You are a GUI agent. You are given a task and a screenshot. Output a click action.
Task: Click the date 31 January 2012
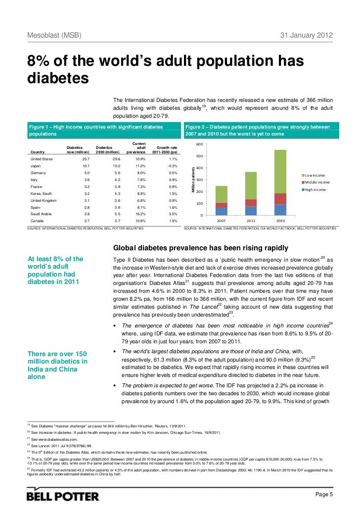(x=307, y=36)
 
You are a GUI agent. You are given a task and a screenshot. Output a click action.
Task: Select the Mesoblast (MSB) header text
(x=54, y=36)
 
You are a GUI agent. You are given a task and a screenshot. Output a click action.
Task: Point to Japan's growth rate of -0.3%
(x=172, y=166)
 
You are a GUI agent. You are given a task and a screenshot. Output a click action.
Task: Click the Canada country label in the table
(x=37, y=220)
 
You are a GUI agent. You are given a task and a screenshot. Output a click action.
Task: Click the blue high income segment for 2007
(x=222, y=211)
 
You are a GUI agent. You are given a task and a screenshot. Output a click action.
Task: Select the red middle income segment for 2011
(x=251, y=203)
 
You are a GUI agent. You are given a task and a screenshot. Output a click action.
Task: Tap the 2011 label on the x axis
(x=251, y=221)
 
